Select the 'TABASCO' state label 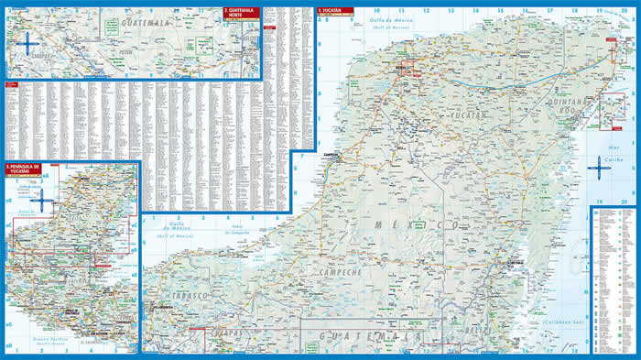coord(189,298)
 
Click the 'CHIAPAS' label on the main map coord(229,333)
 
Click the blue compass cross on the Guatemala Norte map coord(27,41)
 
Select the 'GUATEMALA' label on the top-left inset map coord(147,19)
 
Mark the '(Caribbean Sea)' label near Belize coord(560,322)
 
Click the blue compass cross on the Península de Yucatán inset coord(41,197)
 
